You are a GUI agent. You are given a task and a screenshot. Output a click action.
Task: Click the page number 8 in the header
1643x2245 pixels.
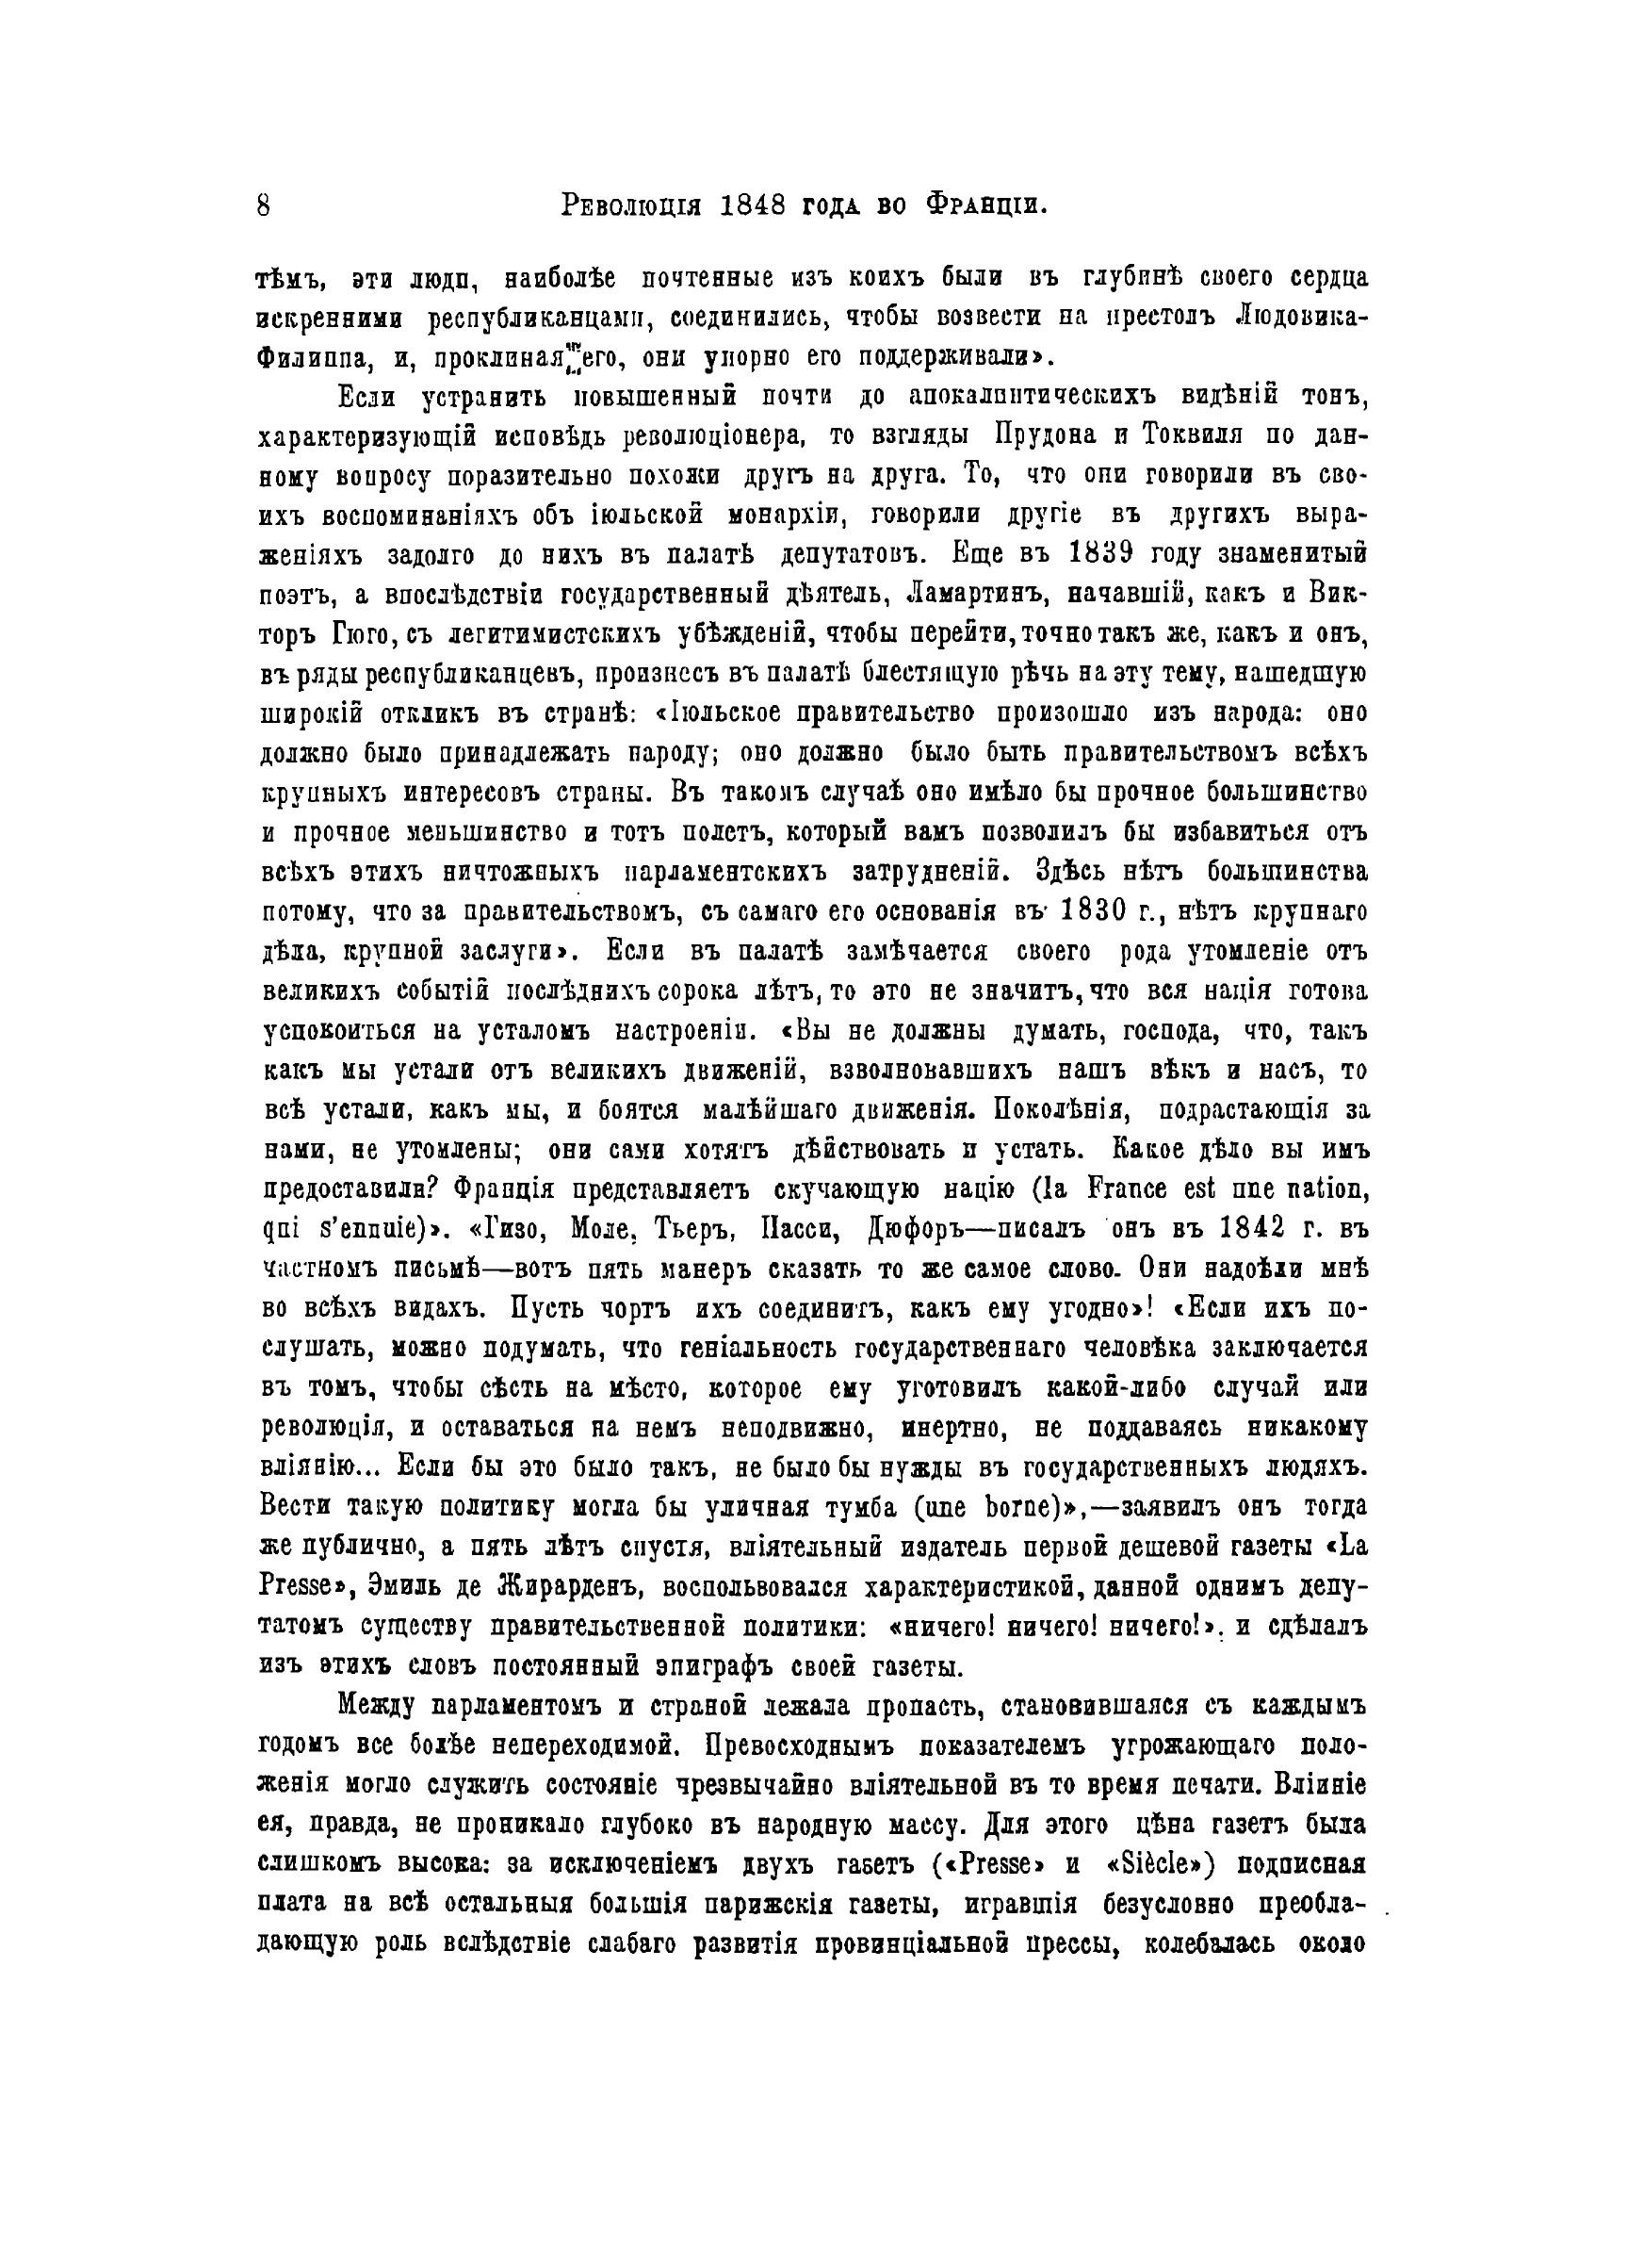(264, 205)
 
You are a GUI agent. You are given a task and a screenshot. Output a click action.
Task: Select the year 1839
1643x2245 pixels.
(1119, 553)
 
